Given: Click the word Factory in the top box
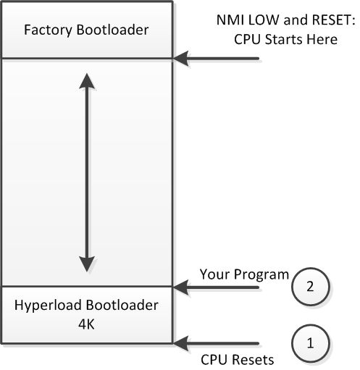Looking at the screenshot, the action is click(x=48, y=30).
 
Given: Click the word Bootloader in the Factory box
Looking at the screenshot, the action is click(x=112, y=30).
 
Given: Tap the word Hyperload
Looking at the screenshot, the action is click(x=49, y=306).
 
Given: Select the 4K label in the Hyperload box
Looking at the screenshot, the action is click(x=86, y=324).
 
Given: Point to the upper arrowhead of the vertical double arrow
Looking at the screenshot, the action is click(x=87, y=81).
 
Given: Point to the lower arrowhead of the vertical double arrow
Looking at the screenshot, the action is click(x=87, y=264).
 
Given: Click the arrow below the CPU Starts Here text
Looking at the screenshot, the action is click(x=216, y=59).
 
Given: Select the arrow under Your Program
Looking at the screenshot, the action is click(x=216, y=287).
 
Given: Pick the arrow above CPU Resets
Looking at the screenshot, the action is click(x=216, y=343).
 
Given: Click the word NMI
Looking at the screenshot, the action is click(x=230, y=20).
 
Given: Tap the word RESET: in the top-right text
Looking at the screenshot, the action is click(x=333, y=20).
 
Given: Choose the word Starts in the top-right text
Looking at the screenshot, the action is click(x=282, y=39).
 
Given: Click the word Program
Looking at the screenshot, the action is click(x=261, y=275).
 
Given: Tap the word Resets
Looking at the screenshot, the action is click(x=253, y=360).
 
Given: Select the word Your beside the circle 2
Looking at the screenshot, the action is click(x=215, y=274).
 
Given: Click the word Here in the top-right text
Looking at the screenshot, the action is click(x=321, y=39).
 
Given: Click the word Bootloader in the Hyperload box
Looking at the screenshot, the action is click(x=122, y=305).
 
